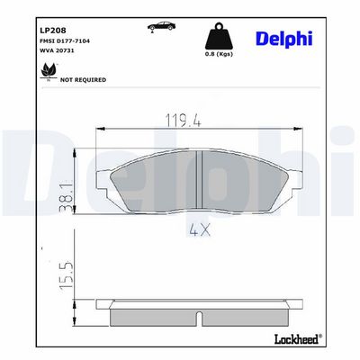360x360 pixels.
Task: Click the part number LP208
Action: point(53,31)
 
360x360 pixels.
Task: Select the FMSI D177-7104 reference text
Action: point(65,40)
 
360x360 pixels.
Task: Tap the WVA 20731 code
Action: point(57,50)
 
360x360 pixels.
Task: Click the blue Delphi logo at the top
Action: point(284,39)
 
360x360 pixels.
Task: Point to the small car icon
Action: point(161,26)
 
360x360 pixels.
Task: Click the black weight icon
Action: point(219,36)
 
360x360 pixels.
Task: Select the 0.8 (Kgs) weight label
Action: point(219,54)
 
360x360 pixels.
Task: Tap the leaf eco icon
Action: point(49,71)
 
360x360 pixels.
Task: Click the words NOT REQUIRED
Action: point(83,80)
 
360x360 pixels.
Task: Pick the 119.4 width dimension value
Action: point(184,121)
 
